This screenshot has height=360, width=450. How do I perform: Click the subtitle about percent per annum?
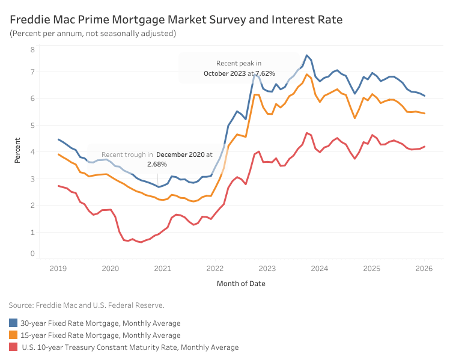coord(93,34)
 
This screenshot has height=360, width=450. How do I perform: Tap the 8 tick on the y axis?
coord(32,49)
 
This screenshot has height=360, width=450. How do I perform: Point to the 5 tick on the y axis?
coord(32,125)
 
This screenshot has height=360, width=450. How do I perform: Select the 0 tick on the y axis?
coord(32,254)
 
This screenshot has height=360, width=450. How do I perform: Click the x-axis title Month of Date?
coord(241,283)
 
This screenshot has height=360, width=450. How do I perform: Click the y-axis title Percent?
coord(17,151)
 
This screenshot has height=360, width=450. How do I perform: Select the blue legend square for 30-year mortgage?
coord(13,323)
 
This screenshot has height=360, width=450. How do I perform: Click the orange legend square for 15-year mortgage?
coord(13,335)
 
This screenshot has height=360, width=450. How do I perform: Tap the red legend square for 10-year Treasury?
coord(13,347)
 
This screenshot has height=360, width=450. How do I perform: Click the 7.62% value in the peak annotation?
coord(265,73)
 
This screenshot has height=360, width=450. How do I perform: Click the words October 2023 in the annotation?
coord(225,73)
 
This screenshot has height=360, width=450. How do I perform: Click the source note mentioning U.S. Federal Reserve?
coord(87,305)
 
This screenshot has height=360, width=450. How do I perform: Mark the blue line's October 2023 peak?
coord(306,55)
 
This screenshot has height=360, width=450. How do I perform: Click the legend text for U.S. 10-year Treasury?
coord(130,347)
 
